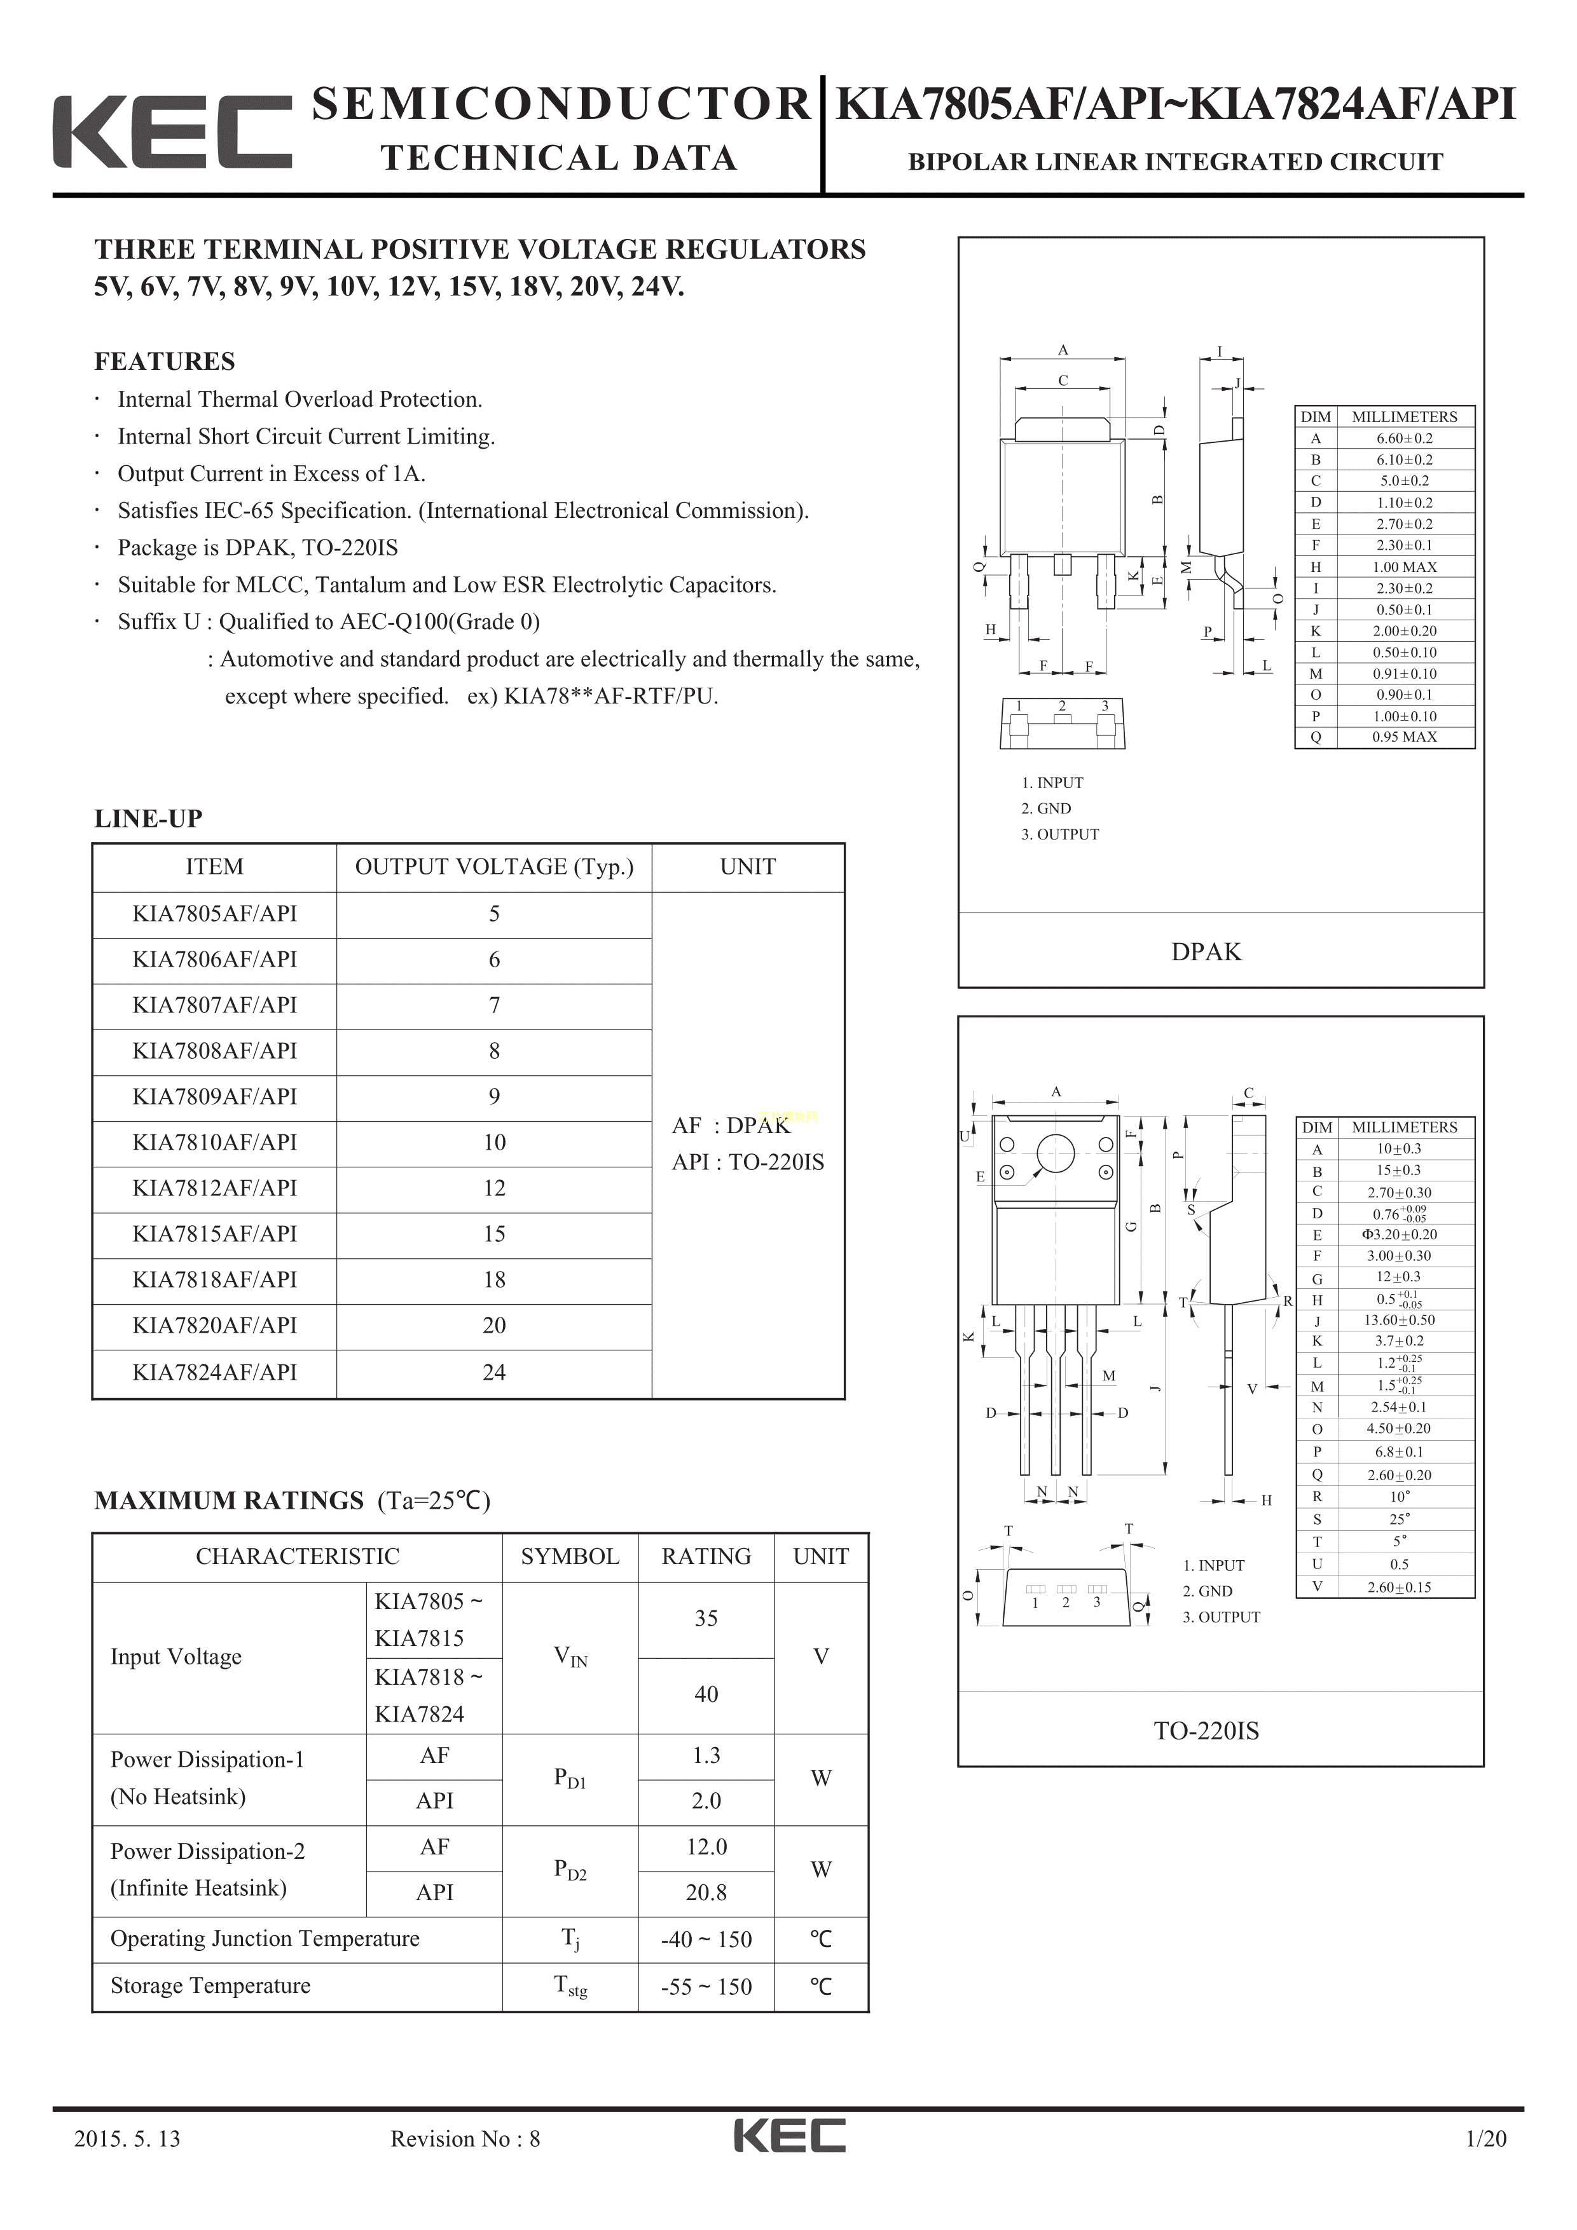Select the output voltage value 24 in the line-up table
tap(493, 1373)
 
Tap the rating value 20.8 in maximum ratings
tap(706, 1892)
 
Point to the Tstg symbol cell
tap(570, 1986)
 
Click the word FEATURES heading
tap(164, 362)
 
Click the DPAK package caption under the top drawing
tap(1206, 952)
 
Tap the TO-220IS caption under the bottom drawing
tap(1206, 1730)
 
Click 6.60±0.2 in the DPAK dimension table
tap(1404, 438)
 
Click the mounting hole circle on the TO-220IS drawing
tap(1055, 1154)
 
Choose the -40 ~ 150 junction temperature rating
tap(706, 1940)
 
